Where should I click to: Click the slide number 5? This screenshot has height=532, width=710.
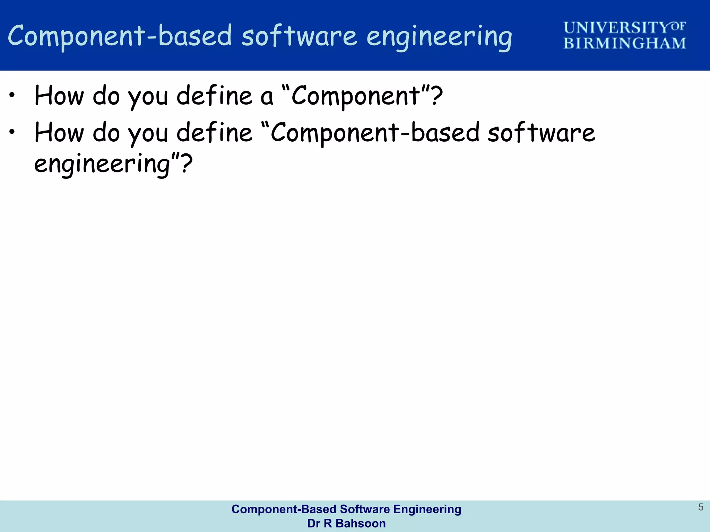tap(701, 507)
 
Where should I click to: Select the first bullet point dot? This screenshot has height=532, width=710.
tap(12, 95)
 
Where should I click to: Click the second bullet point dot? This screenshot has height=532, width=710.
tap(12, 132)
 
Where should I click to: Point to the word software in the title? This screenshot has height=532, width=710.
tap(299, 36)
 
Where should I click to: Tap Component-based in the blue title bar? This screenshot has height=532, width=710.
tap(120, 36)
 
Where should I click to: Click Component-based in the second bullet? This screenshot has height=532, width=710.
tap(374, 133)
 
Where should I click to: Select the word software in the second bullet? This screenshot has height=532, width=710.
tap(541, 133)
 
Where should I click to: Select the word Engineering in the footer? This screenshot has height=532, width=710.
tap(427, 509)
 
